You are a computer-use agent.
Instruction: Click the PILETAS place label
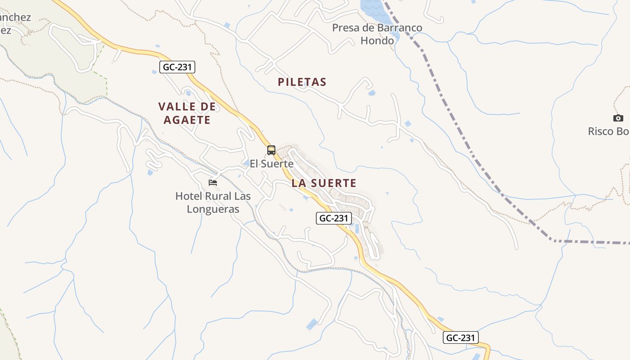click(301, 82)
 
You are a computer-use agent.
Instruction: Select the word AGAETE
click(187, 120)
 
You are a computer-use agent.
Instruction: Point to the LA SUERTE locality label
click(324, 183)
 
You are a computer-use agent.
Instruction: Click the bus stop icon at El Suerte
click(271, 150)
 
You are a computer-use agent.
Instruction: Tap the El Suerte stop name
click(271, 164)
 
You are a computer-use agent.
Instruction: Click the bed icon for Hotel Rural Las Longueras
click(213, 183)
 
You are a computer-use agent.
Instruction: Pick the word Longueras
click(213, 209)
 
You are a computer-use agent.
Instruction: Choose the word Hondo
click(377, 40)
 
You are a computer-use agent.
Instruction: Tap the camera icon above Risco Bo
click(618, 118)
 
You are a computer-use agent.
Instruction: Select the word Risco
click(601, 131)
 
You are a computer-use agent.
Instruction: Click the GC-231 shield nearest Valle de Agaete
click(177, 67)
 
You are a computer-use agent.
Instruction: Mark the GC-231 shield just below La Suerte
click(333, 218)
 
